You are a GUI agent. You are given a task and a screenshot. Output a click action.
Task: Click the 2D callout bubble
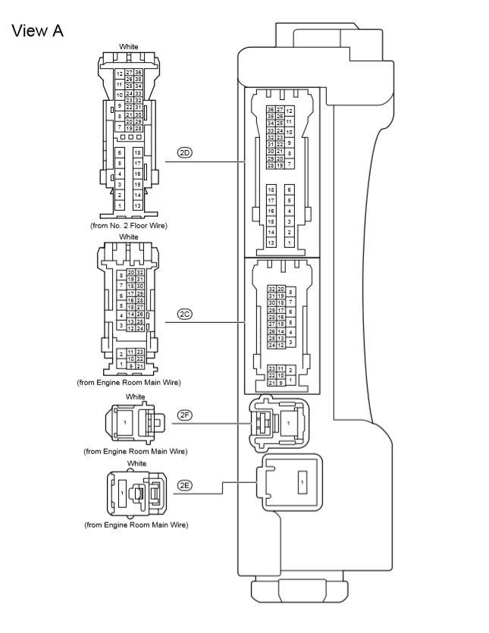[x=185, y=152]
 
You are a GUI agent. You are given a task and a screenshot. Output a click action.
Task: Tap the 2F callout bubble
[x=185, y=415]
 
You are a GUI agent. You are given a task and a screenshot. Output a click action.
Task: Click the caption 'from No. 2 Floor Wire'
[x=128, y=225]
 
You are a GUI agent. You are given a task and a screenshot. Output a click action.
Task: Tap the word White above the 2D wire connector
[x=129, y=47]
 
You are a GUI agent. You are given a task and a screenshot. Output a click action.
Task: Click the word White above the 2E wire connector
[x=136, y=463]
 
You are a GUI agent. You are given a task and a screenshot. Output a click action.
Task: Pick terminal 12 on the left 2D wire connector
[x=119, y=74]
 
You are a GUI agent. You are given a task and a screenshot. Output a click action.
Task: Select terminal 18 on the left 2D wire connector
[x=137, y=152]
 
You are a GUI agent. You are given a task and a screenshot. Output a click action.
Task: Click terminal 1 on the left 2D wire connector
[x=119, y=205]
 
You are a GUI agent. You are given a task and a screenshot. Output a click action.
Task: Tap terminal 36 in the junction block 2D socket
[x=271, y=110]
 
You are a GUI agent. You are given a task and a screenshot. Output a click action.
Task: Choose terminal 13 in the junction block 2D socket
[x=271, y=243]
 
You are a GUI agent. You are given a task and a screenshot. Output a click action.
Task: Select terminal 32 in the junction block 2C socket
[x=271, y=289]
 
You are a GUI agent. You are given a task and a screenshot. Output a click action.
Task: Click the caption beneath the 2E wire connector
[x=136, y=525]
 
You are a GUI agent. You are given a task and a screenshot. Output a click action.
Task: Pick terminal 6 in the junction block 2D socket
[x=290, y=189]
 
